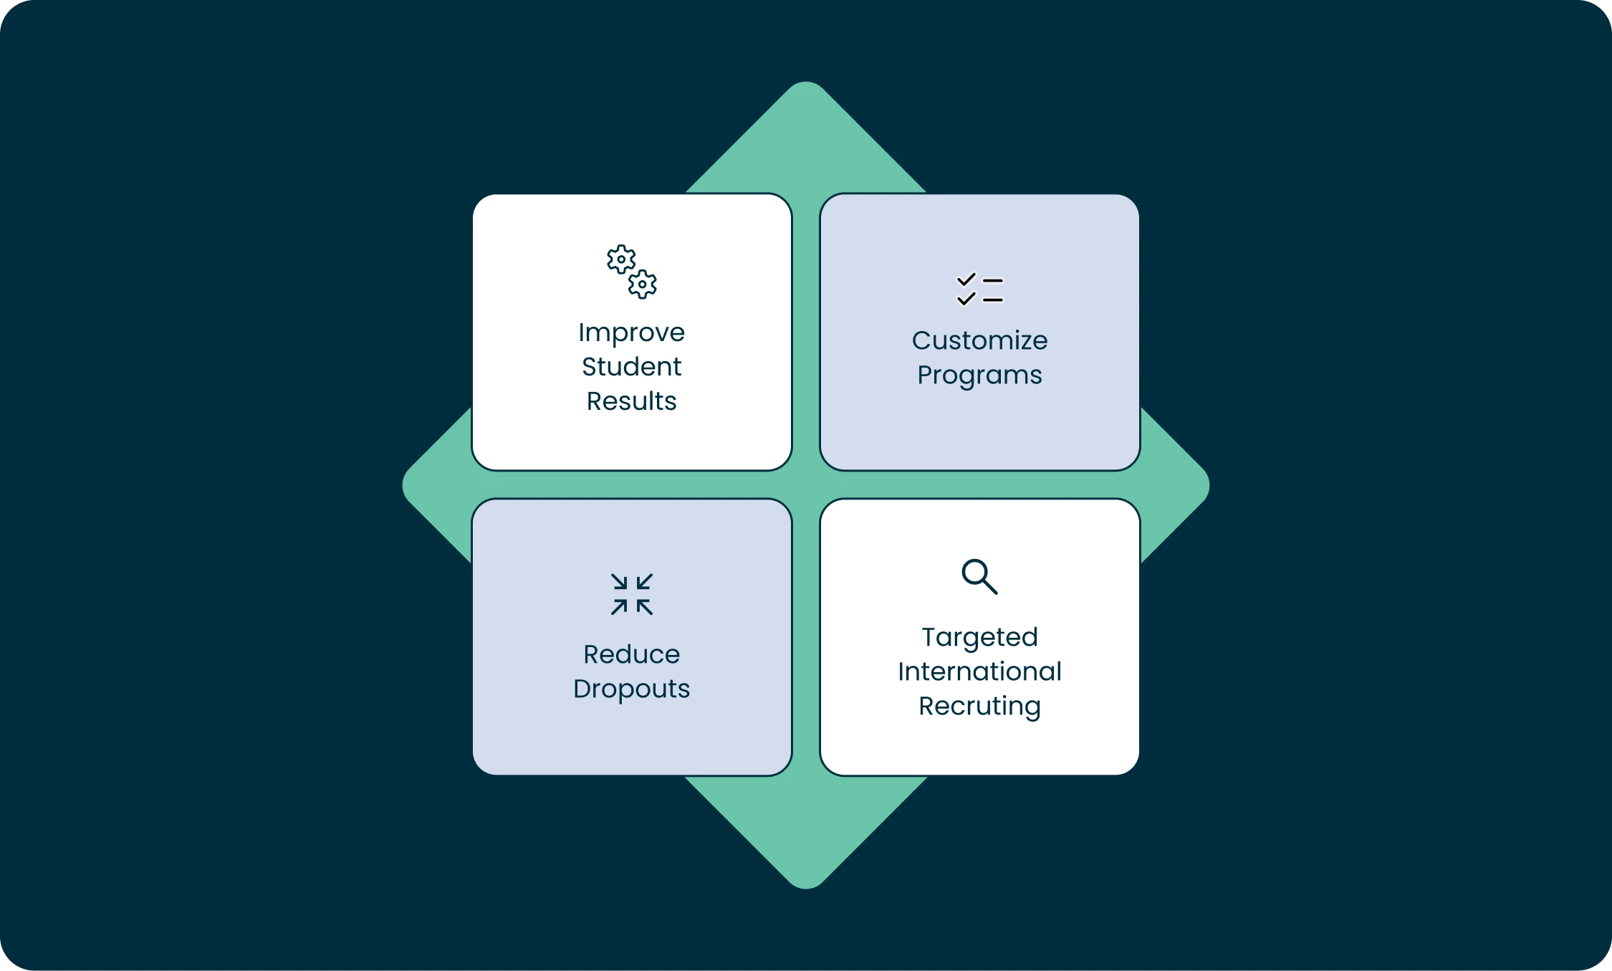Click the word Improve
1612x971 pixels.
(x=631, y=333)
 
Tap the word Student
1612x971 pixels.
(x=631, y=367)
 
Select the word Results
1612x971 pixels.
(x=631, y=401)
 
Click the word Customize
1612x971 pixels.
(x=979, y=341)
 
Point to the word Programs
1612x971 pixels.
(x=979, y=376)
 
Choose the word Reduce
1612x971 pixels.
(x=631, y=654)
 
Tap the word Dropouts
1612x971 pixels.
(x=631, y=689)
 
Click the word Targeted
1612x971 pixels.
(x=979, y=638)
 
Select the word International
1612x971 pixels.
(x=979, y=672)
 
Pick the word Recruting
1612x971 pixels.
(x=979, y=707)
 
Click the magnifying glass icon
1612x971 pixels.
(x=979, y=576)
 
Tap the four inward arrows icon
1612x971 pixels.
(x=631, y=594)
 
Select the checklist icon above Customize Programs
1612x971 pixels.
(x=979, y=290)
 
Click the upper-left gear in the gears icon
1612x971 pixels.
(x=620, y=259)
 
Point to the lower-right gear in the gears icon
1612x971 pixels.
(x=643, y=284)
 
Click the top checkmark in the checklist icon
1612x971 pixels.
(x=966, y=279)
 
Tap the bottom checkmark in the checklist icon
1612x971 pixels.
(x=966, y=299)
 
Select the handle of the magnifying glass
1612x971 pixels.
(x=990, y=587)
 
